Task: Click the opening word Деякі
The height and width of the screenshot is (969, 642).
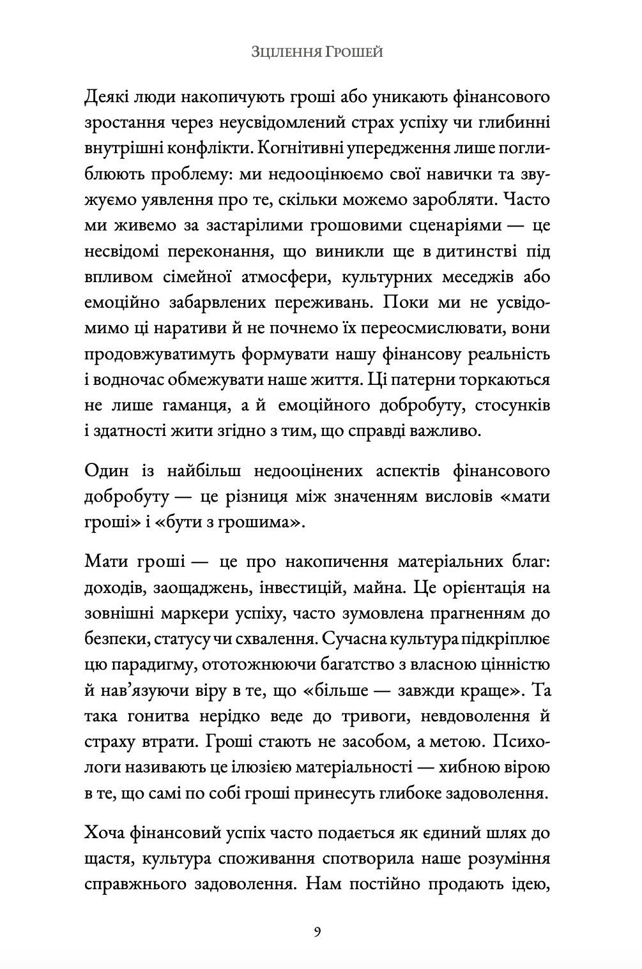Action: [109, 98]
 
